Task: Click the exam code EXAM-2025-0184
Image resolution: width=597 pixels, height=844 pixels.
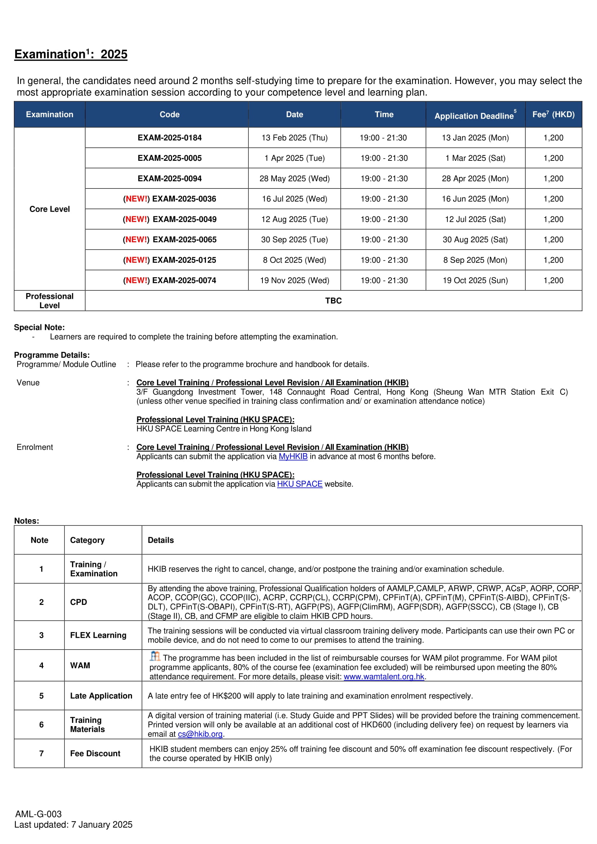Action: click(169, 138)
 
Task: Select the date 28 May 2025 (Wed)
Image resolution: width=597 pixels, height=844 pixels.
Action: click(295, 179)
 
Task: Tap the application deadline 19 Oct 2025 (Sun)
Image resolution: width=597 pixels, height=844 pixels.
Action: click(475, 280)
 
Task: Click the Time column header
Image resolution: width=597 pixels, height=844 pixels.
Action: click(384, 115)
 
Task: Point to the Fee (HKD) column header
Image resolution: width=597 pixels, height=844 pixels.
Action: click(553, 115)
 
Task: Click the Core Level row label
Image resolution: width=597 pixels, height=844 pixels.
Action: click(50, 209)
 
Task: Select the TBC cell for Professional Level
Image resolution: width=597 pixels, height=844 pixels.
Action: click(333, 301)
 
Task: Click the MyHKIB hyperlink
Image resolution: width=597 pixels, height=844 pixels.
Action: click(293, 456)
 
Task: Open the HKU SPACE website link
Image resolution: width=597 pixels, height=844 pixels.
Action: click(300, 484)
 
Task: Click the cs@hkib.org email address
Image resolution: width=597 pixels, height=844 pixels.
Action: click(200, 734)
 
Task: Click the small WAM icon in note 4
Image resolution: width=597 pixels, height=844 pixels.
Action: click(155, 656)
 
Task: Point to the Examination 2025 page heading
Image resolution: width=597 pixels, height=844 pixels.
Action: click(71, 54)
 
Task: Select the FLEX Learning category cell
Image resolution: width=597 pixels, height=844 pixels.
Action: click(98, 635)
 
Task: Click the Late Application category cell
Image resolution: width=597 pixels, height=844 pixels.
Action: click(101, 696)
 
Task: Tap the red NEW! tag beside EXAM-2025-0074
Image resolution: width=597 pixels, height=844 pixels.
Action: click(136, 280)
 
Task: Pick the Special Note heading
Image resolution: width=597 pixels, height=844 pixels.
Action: click(39, 327)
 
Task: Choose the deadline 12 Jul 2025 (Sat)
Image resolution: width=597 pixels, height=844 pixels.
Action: click(475, 220)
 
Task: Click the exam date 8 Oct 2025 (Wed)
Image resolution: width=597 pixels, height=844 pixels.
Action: click(295, 260)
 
